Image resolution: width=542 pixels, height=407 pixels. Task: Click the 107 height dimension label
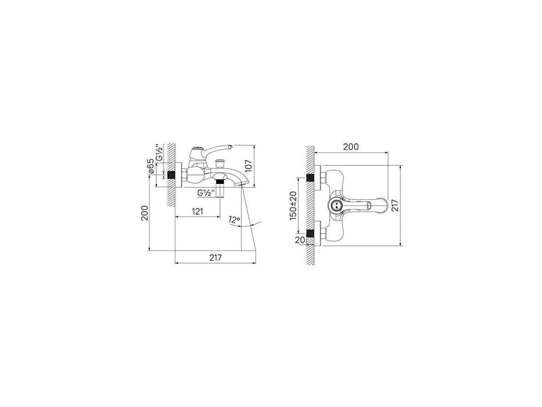(x=249, y=166)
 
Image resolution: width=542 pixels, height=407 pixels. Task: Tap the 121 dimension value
(x=197, y=212)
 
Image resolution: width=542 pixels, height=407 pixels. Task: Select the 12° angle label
(x=234, y=220)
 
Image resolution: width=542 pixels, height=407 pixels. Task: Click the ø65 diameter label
(x=150, y=166)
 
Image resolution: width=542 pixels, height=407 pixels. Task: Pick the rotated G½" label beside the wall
(x=159, y=153)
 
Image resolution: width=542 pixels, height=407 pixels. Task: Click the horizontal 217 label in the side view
(x=215, y=258)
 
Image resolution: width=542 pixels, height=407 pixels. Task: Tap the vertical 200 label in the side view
(x=145, y=213)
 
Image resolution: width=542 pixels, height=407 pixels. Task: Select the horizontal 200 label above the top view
(x=350, y=147)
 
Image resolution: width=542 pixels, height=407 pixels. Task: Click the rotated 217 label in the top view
(x=395, y=206)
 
